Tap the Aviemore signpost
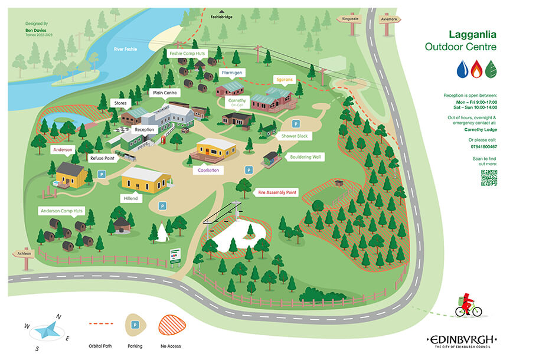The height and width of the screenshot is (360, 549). coord(388,18)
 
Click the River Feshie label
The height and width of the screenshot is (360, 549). coord(125,49)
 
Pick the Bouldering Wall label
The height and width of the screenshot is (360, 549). coord(305,157)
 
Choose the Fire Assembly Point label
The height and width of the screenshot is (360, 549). coord(277,192)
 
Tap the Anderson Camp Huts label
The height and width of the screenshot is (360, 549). coord(62,210)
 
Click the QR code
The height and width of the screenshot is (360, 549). coord(489,178)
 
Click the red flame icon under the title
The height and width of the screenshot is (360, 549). coord(476,70)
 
